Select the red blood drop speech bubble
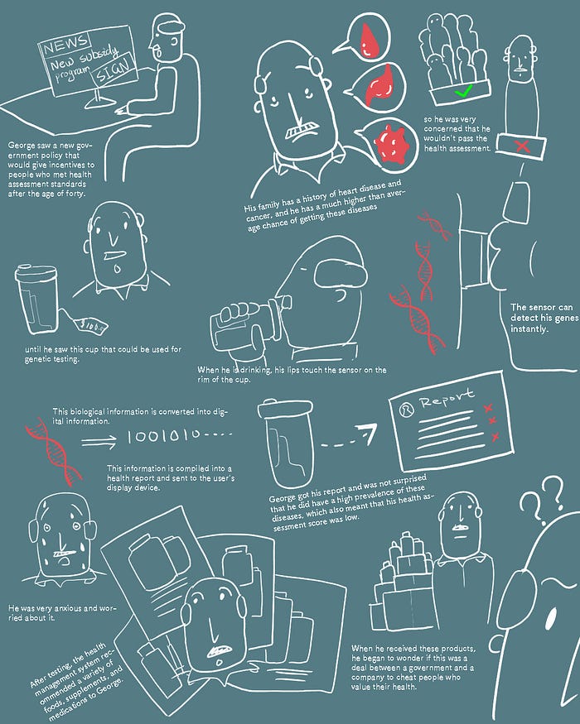(x=366, y=38)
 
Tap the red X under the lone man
(x=522, y=146)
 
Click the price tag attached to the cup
(x=91, y=325)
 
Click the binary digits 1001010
(x=164, y=435)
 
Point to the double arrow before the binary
(x=99, y=443)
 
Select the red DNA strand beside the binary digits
(x=53, y=451)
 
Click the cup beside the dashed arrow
(x=286, y=443)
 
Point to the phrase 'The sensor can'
(x=541, y=308)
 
